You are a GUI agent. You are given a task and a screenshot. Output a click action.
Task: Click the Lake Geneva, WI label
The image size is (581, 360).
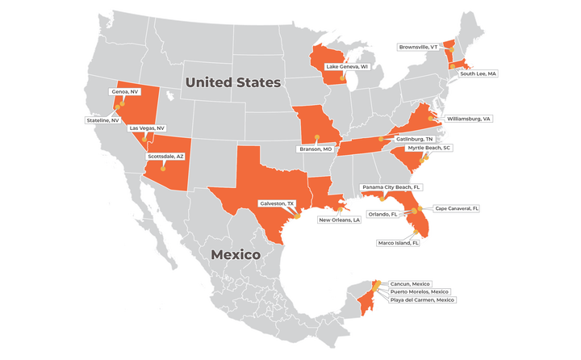coord(347,66)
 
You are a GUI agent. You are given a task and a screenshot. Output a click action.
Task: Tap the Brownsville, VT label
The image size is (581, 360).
coord(417,47)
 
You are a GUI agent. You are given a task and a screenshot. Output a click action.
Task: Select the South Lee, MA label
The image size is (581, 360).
coord(479,73)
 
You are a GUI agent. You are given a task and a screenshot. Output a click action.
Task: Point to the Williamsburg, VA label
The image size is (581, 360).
coord(469,119)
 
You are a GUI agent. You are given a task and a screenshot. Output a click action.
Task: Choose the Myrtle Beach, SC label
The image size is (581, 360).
coord(428,149)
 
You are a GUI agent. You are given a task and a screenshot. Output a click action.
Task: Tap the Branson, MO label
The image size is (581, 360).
coord(316,149)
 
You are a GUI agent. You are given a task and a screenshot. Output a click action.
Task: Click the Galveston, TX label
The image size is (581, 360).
coord(277,203)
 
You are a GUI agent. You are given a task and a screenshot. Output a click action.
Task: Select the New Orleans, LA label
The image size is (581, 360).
coord(339,220)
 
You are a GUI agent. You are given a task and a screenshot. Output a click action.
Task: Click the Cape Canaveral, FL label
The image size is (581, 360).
coord(458,208)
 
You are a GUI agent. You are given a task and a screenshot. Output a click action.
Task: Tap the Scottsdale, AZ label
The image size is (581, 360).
coord(165,156)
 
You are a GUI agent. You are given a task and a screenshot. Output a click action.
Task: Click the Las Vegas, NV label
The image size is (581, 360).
coord(147,128)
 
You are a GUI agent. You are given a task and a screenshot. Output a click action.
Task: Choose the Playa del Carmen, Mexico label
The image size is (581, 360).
coord(423,299)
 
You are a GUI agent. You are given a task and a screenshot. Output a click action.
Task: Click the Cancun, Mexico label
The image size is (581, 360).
coord(412,285)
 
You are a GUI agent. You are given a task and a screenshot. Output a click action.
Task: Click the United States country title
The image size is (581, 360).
coord(232,83)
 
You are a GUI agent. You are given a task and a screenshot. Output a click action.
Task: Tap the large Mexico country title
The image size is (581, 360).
coord(235,255)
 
